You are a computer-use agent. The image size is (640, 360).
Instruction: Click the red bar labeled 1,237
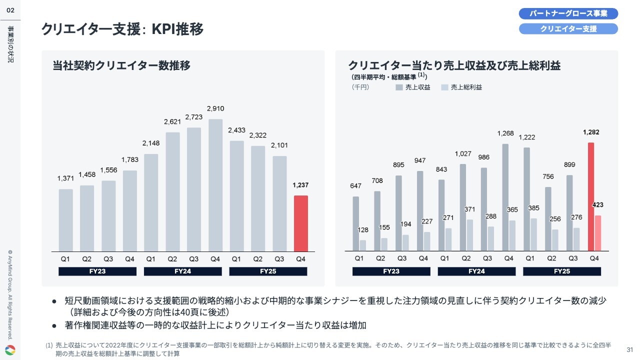pos(300,223)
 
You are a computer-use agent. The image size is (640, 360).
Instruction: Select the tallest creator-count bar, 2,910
pos(215,185)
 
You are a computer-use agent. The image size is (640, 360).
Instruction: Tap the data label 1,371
pos(65,178)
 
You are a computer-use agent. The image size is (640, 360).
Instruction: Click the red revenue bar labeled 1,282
pos(591,196)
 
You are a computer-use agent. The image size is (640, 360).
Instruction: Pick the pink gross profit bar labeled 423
pos(597,233)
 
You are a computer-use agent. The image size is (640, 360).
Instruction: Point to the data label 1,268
pos(505,133)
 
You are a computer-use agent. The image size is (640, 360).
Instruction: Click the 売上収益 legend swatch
pos(399,87)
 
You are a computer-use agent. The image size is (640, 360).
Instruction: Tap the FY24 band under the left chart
pos(182,271)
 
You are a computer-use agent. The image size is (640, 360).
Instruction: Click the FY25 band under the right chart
pos(561,271)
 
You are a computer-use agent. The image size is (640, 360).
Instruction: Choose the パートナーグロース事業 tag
pos(568,13)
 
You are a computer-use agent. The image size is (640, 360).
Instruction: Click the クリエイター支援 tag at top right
pos(568,28)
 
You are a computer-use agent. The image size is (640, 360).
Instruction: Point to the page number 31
pos(629,349)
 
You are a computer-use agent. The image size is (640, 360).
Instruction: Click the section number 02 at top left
pos(10,9)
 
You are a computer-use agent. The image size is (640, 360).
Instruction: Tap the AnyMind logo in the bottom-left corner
pos(10,349)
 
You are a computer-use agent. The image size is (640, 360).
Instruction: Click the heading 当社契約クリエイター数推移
pos(121,65)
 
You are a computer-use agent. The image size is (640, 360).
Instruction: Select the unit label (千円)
pos(360,87)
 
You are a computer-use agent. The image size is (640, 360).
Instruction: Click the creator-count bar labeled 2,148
pos(151,202)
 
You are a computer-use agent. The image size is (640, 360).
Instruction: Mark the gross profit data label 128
pos(363,230)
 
